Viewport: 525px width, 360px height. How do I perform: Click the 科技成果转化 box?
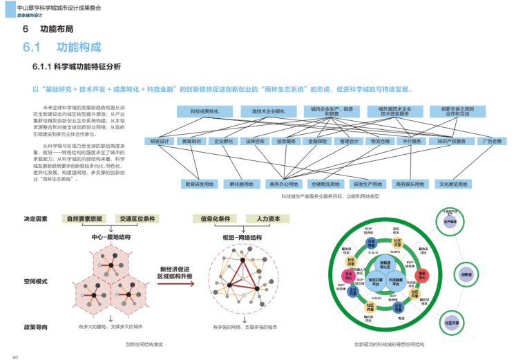click(x=204, y=111)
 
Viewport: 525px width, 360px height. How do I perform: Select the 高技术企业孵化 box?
click(x=268, y=111)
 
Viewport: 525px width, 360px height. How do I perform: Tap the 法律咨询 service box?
click(x=255, y=141)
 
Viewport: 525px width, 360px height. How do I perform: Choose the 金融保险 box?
click(x=318, y=141)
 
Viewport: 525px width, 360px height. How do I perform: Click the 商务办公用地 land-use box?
click(x=283, y=184)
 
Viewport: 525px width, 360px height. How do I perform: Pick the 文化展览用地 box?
click(x=452, y=184)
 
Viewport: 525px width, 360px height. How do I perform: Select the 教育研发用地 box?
click(x=199, y=184)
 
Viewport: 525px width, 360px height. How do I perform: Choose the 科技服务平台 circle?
click(x=395, y=281)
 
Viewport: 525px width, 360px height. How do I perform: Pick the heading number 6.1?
click(x=33, y=47)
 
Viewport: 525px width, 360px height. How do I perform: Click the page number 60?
click(x=15, y=355)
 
